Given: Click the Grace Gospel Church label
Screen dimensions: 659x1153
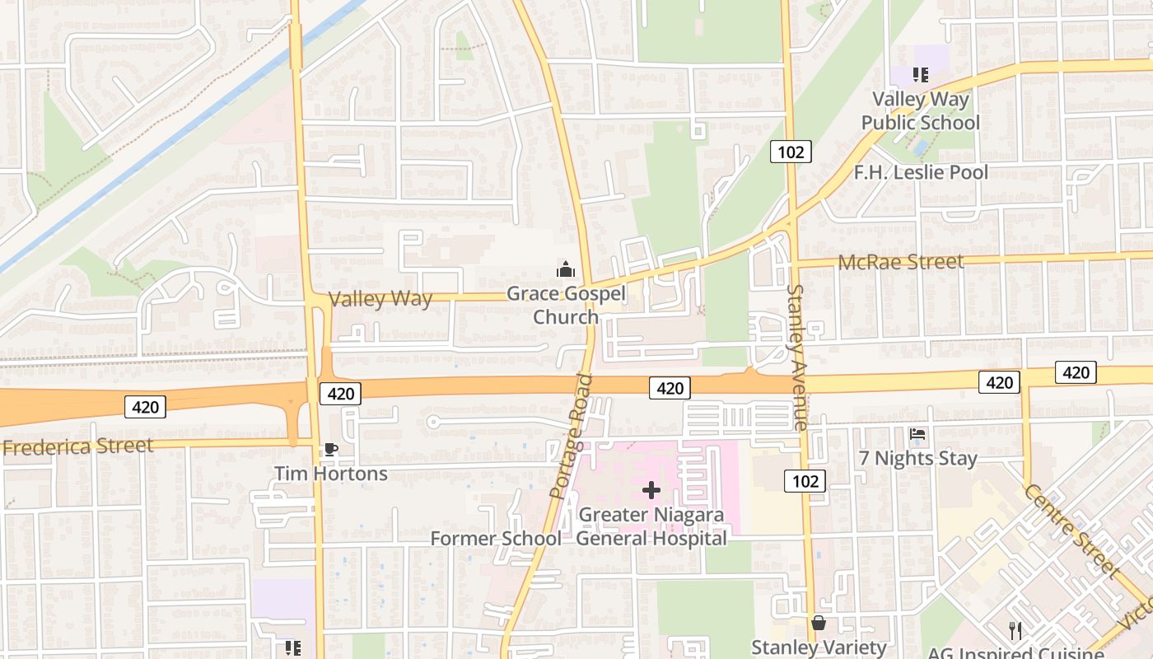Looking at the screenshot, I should point(566,305).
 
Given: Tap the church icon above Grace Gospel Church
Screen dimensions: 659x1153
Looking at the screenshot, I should point(566,269).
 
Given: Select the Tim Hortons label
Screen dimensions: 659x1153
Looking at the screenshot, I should point(330,474).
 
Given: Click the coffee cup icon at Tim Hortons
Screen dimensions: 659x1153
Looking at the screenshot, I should point(330,449).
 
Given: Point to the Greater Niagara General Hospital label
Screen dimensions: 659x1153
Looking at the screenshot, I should point(651,526).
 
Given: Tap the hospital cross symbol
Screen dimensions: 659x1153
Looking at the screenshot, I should point(651,491).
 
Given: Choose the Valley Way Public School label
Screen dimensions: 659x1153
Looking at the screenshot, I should point(920,111).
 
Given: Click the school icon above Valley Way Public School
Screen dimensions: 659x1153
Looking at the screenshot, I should point(920,75).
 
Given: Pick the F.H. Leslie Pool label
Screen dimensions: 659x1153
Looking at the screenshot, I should point(921,172).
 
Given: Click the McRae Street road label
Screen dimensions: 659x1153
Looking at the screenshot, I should point(900,263).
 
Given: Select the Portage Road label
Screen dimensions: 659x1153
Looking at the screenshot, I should point(572,437).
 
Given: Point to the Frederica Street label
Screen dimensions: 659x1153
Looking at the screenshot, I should point(77,447).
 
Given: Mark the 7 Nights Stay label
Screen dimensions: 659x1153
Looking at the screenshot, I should point(917,459).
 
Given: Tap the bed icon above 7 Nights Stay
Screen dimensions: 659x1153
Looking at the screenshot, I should point(917,434).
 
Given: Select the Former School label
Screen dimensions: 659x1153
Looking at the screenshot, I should point(496,539).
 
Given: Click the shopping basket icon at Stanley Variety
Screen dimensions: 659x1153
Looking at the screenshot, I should point(819,624).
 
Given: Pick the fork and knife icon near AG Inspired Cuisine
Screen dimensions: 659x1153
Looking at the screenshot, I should point(1015,631).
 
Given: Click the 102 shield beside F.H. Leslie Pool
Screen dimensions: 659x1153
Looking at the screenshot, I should point(791,152).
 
